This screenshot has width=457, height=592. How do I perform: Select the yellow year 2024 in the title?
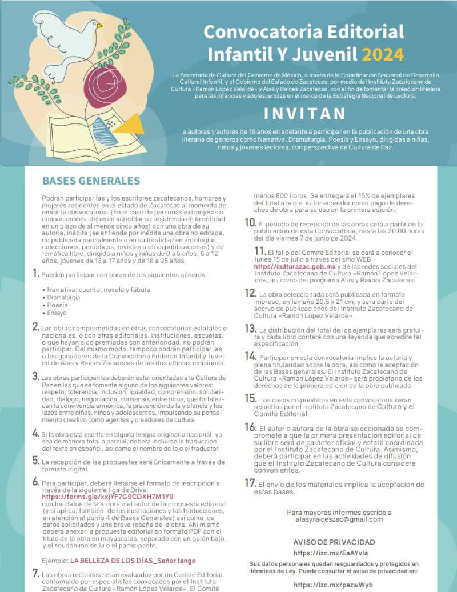(x=383, y=54)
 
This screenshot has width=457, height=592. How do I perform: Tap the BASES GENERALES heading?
(x=91, y=181)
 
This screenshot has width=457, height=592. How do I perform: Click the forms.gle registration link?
(x=107, y=497)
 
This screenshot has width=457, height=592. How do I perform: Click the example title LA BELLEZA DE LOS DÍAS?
(x=112, y=560)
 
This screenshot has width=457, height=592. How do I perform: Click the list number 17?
(x=250, y=483)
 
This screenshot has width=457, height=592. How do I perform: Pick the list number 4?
(x=35, y=434)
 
